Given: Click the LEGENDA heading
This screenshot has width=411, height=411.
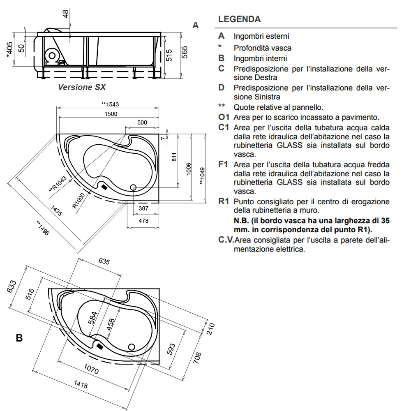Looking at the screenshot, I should tap(239, 19).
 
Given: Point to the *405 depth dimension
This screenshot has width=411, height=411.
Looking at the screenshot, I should tap(10, 49).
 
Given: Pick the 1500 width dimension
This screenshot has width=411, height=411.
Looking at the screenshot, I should tap(110, 114).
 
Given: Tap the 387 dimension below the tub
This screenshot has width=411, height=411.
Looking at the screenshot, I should tap(143, 209).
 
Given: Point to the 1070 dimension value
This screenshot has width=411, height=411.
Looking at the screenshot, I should tap(90, 369).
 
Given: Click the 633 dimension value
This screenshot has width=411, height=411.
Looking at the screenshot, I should tap(12, 286).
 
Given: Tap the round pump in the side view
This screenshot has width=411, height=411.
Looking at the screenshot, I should tap(52, 55).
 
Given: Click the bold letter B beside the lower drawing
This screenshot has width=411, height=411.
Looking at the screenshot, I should tap(19, 338).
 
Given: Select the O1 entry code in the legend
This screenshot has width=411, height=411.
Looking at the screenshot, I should tap(224, 117).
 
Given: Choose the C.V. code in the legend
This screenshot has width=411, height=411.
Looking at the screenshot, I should tap(225, 240).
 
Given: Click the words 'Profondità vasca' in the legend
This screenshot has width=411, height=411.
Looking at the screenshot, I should tap(263, 48).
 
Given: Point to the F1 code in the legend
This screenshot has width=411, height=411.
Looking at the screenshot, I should tap(223, 164).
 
